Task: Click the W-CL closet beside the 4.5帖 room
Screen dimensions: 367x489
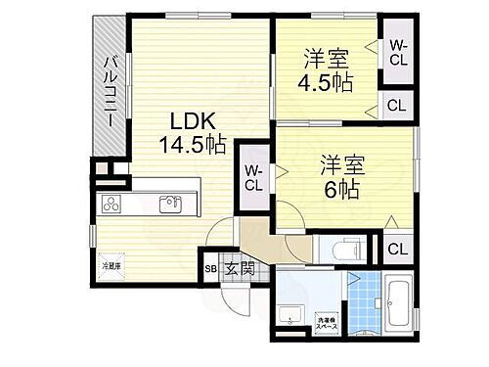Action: pos(398,50)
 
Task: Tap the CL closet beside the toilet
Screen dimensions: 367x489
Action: pos(396,249)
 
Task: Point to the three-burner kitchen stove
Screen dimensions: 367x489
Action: pos(111,205)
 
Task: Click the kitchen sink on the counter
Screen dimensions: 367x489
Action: pos(170,205)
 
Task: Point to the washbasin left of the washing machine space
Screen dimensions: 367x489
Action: pos(290,317)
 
